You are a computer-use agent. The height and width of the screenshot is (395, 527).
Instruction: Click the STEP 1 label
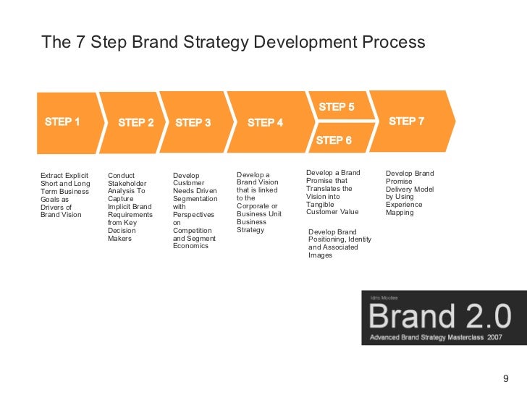[x=62, y=122]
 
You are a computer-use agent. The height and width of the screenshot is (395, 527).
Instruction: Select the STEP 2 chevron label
[x=136, y=122]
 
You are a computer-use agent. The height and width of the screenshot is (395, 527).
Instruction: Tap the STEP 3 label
[x=193, y=122]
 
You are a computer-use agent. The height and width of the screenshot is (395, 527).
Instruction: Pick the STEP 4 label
[x=265, y=122]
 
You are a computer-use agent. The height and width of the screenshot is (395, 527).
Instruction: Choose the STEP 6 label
[x=334, y=140]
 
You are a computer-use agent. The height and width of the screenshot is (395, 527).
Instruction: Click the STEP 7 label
[x=406, y=122]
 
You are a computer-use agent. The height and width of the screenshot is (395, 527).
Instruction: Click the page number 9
[x=506, y=378]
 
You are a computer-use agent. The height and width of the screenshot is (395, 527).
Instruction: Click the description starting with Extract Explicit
[x=65, y=195]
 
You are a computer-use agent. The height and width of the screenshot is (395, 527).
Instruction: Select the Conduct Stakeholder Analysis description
[x=130, y=206]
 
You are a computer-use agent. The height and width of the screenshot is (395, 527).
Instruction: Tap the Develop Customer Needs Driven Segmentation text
[x=195, y=211]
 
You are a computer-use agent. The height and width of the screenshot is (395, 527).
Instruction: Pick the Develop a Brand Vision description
[x=258, y=203]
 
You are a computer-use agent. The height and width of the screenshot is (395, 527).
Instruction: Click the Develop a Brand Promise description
[x=333, y=192]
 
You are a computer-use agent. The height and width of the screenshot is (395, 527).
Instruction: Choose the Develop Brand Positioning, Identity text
[x=340, y=243]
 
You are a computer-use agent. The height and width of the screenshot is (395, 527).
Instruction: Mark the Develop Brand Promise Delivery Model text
[x=410, y=193]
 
